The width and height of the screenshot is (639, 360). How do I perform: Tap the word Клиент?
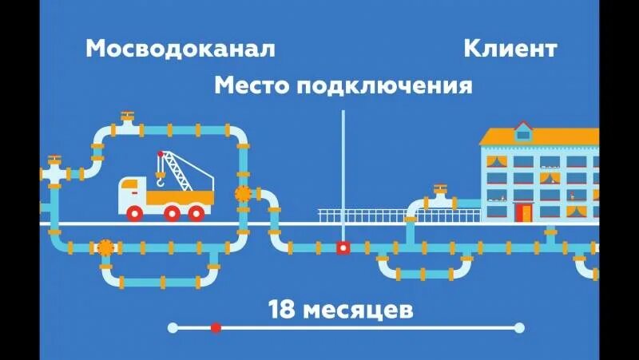click(x=510, y=49)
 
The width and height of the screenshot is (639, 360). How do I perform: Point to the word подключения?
click(x=384, y=85)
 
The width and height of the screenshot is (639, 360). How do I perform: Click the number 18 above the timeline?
click(x=283, y=309)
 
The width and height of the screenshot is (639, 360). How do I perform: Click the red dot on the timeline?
click(x=216, y=327)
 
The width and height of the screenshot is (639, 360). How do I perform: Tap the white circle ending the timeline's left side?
click(x=173, y=327)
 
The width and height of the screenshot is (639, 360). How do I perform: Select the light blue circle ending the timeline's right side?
click(x=519, y=327)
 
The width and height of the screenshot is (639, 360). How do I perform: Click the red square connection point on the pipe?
click(x=343, y=247)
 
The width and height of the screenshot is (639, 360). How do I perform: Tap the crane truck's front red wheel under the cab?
click(x=136, y=213)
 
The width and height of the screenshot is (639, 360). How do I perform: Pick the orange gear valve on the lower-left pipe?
click(x=105, y=247)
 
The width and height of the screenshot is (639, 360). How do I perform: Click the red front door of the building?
click(x=524, y=212)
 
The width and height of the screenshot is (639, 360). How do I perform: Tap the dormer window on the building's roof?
click(x=523, y=131)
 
